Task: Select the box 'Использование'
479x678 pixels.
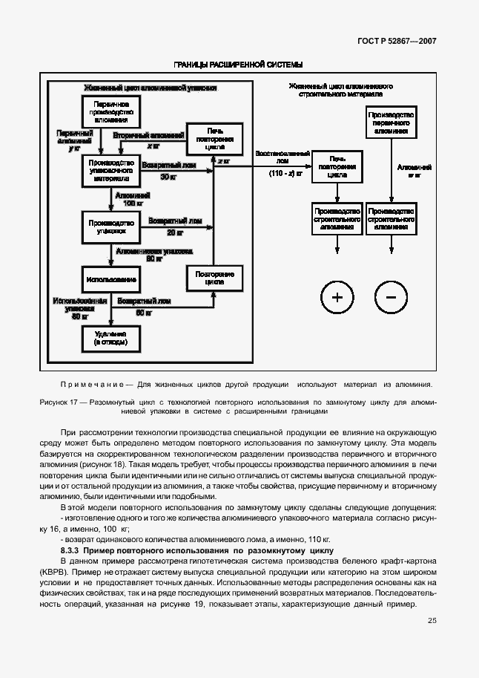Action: (110, 278)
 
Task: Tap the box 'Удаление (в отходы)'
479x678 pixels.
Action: (110, 339)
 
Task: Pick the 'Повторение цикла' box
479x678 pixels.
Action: (214, 278)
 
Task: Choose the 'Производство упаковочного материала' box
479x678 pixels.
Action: (110, 170)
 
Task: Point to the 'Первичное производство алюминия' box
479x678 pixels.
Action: (110, 111)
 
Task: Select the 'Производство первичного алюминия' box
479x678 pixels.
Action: (392, 121)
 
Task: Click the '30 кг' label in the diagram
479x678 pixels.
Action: (169, 177)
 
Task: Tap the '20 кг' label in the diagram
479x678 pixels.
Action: (175, 232)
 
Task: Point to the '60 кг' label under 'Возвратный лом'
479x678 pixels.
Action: (144, 313)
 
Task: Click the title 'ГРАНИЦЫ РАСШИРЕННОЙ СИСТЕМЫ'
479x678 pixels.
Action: (238, 65)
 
